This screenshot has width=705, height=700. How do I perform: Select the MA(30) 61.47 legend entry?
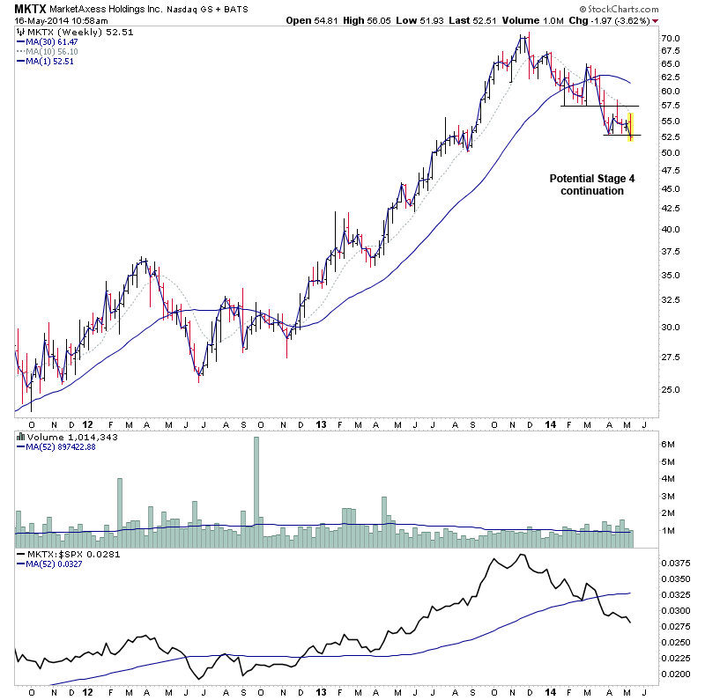52,41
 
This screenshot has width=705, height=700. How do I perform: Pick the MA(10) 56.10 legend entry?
52,51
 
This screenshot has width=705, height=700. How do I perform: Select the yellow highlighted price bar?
630,126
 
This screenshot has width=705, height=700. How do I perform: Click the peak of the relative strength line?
522,555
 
